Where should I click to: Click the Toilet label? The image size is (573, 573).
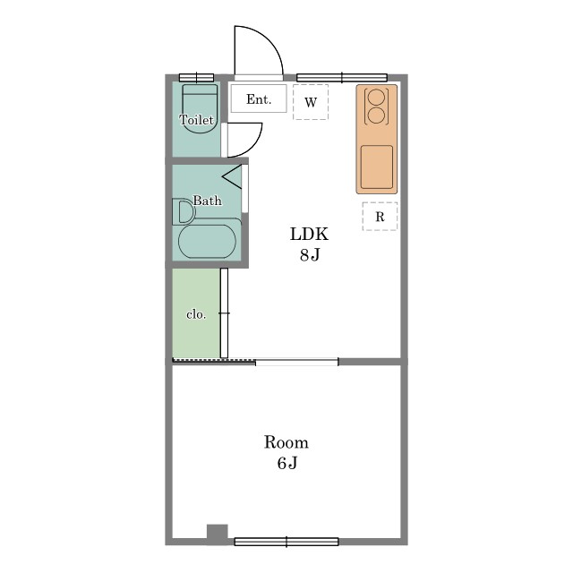tap(196, 120)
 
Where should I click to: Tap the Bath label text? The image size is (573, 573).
tap(207, 201)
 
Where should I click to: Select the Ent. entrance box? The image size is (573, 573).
tap(259, 98)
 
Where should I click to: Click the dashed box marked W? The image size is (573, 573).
tap(311, 102)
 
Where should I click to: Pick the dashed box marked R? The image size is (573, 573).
tap(380, 217)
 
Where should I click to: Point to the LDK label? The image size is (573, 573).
tap(309, 234)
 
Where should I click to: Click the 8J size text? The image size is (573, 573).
tap(310, 254)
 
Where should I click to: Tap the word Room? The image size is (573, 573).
tap(286, 442)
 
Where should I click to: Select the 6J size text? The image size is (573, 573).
tap(287, 463)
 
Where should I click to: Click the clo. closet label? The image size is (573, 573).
tap(196, 314)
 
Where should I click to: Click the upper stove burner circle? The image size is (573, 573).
tap(376, 98)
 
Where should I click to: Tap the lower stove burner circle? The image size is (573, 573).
tap(376, 115)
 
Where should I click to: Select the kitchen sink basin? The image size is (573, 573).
tap(377, 167)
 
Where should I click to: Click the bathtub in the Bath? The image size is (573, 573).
tap(207, 242)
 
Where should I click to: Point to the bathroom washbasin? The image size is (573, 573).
tap(184, 211)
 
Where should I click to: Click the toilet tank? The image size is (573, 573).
tap(200, 90)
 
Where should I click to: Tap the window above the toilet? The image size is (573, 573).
tap(196, 78)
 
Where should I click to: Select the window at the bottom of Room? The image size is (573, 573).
tap(286, 542)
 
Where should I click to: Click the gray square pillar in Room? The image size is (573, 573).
tap(218, 534)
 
